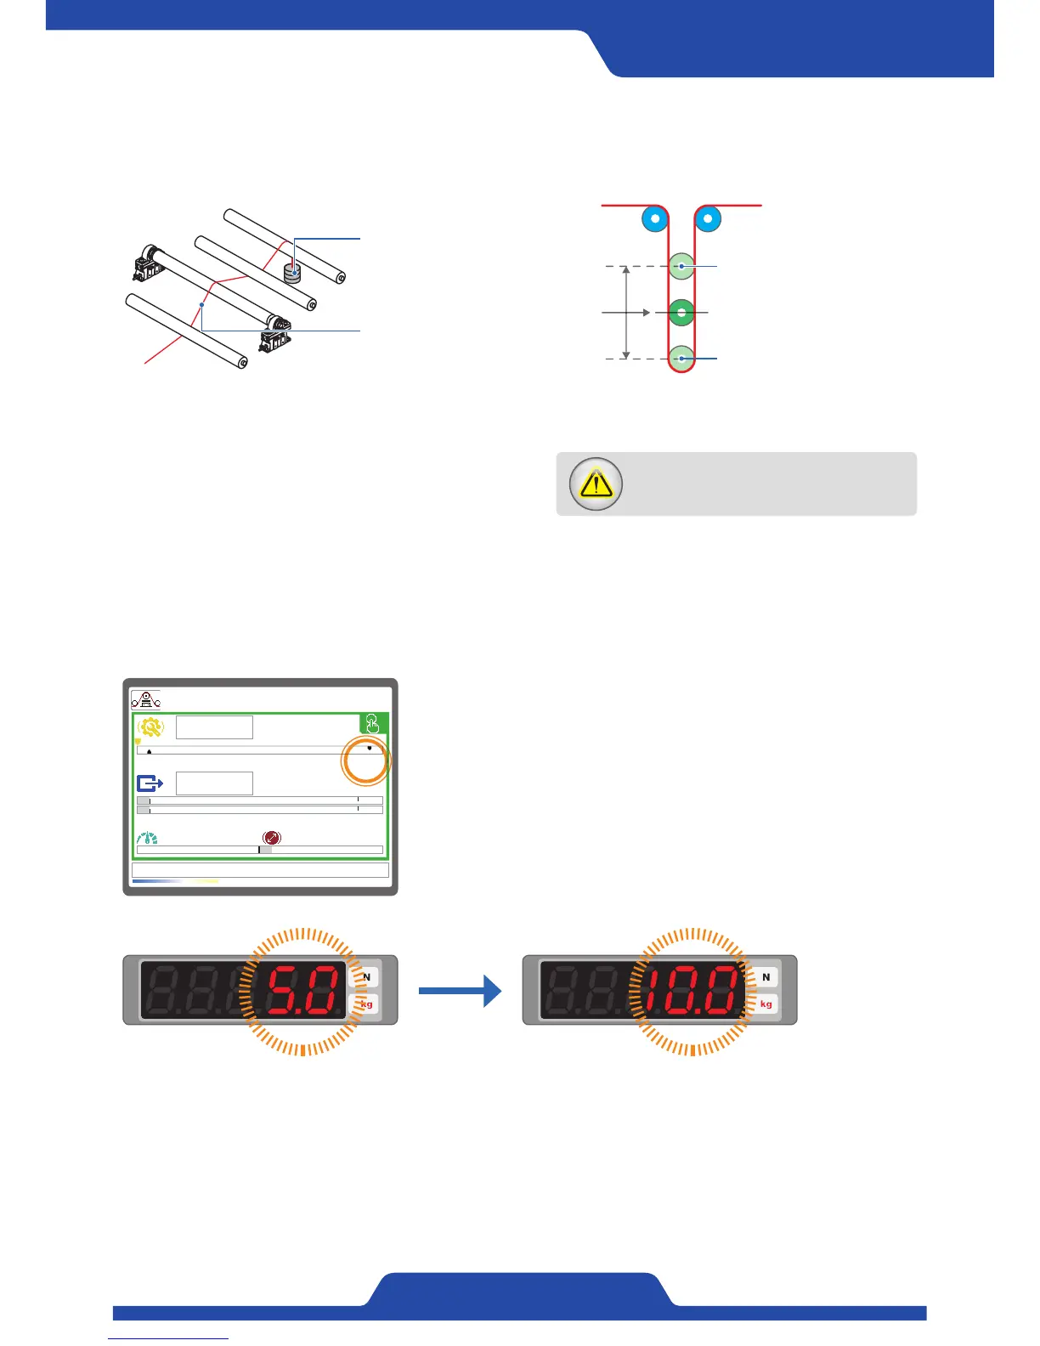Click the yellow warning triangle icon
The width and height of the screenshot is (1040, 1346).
(x=596, y=484)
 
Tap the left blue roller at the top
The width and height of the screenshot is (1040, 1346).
(x=654, y=219)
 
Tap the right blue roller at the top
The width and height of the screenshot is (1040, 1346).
(x=708, y=219)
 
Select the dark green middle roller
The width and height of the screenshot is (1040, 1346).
(x=681, y=313)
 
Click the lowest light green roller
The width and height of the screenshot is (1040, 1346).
(x=681, y=359)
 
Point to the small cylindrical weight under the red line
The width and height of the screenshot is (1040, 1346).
(x=293, y=273)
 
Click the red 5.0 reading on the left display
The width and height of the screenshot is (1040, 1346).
(x=305, y=991)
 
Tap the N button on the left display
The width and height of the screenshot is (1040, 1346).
(x=367, y=977)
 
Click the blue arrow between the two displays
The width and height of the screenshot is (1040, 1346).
(x=460, y=991)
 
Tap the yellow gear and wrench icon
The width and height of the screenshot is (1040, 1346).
(x=151, y=728)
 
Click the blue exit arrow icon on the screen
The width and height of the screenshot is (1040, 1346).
(x=150, y=783)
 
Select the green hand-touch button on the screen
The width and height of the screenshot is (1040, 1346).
(x=373, y=724)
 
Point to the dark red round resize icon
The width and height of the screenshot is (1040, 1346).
(x=272, y=838)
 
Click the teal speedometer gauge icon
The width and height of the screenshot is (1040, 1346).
(x=148, y=839)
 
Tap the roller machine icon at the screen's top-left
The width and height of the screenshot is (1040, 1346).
(x=146, y=700)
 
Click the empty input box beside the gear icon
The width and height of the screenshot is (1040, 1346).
(x=214, y=727)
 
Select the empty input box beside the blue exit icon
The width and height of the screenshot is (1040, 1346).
(x=214, y=783)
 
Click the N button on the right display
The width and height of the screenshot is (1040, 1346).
(x=766, y=977)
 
